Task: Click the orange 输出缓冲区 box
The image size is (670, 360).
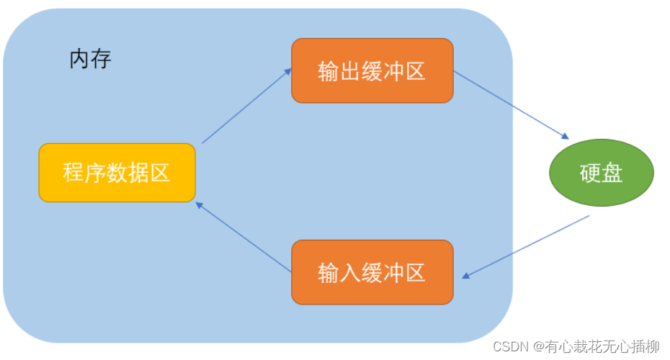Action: click(372, 71)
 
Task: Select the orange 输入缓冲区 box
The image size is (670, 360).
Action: click(372, 271)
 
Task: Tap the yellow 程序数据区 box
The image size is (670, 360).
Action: click(117, 172)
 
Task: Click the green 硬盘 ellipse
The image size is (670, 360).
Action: click(602, 173)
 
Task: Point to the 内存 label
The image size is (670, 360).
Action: click(90, 59)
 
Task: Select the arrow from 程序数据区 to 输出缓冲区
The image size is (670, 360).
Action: click(246, 106)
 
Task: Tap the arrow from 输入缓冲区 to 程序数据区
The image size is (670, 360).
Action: click(244, 237)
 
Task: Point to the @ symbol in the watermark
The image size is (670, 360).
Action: click(537, 347)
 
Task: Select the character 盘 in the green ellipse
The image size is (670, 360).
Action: click(612, 173)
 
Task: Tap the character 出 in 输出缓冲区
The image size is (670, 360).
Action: click(350, 71)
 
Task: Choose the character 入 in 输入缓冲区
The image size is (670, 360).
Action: click(350, 272)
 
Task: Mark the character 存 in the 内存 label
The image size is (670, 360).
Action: click(101, 59)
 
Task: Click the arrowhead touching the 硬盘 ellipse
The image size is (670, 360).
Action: click(566, 136)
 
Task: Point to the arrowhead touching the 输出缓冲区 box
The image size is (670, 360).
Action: click(288, 71)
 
